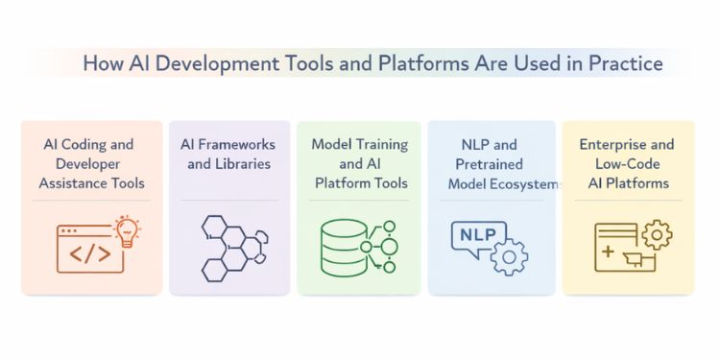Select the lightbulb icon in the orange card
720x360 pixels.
pos(125,232)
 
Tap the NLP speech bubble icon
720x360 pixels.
pos(476,235)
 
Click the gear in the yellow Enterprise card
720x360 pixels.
pos(656,233)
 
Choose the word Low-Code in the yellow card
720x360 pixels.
pos(627,163)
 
